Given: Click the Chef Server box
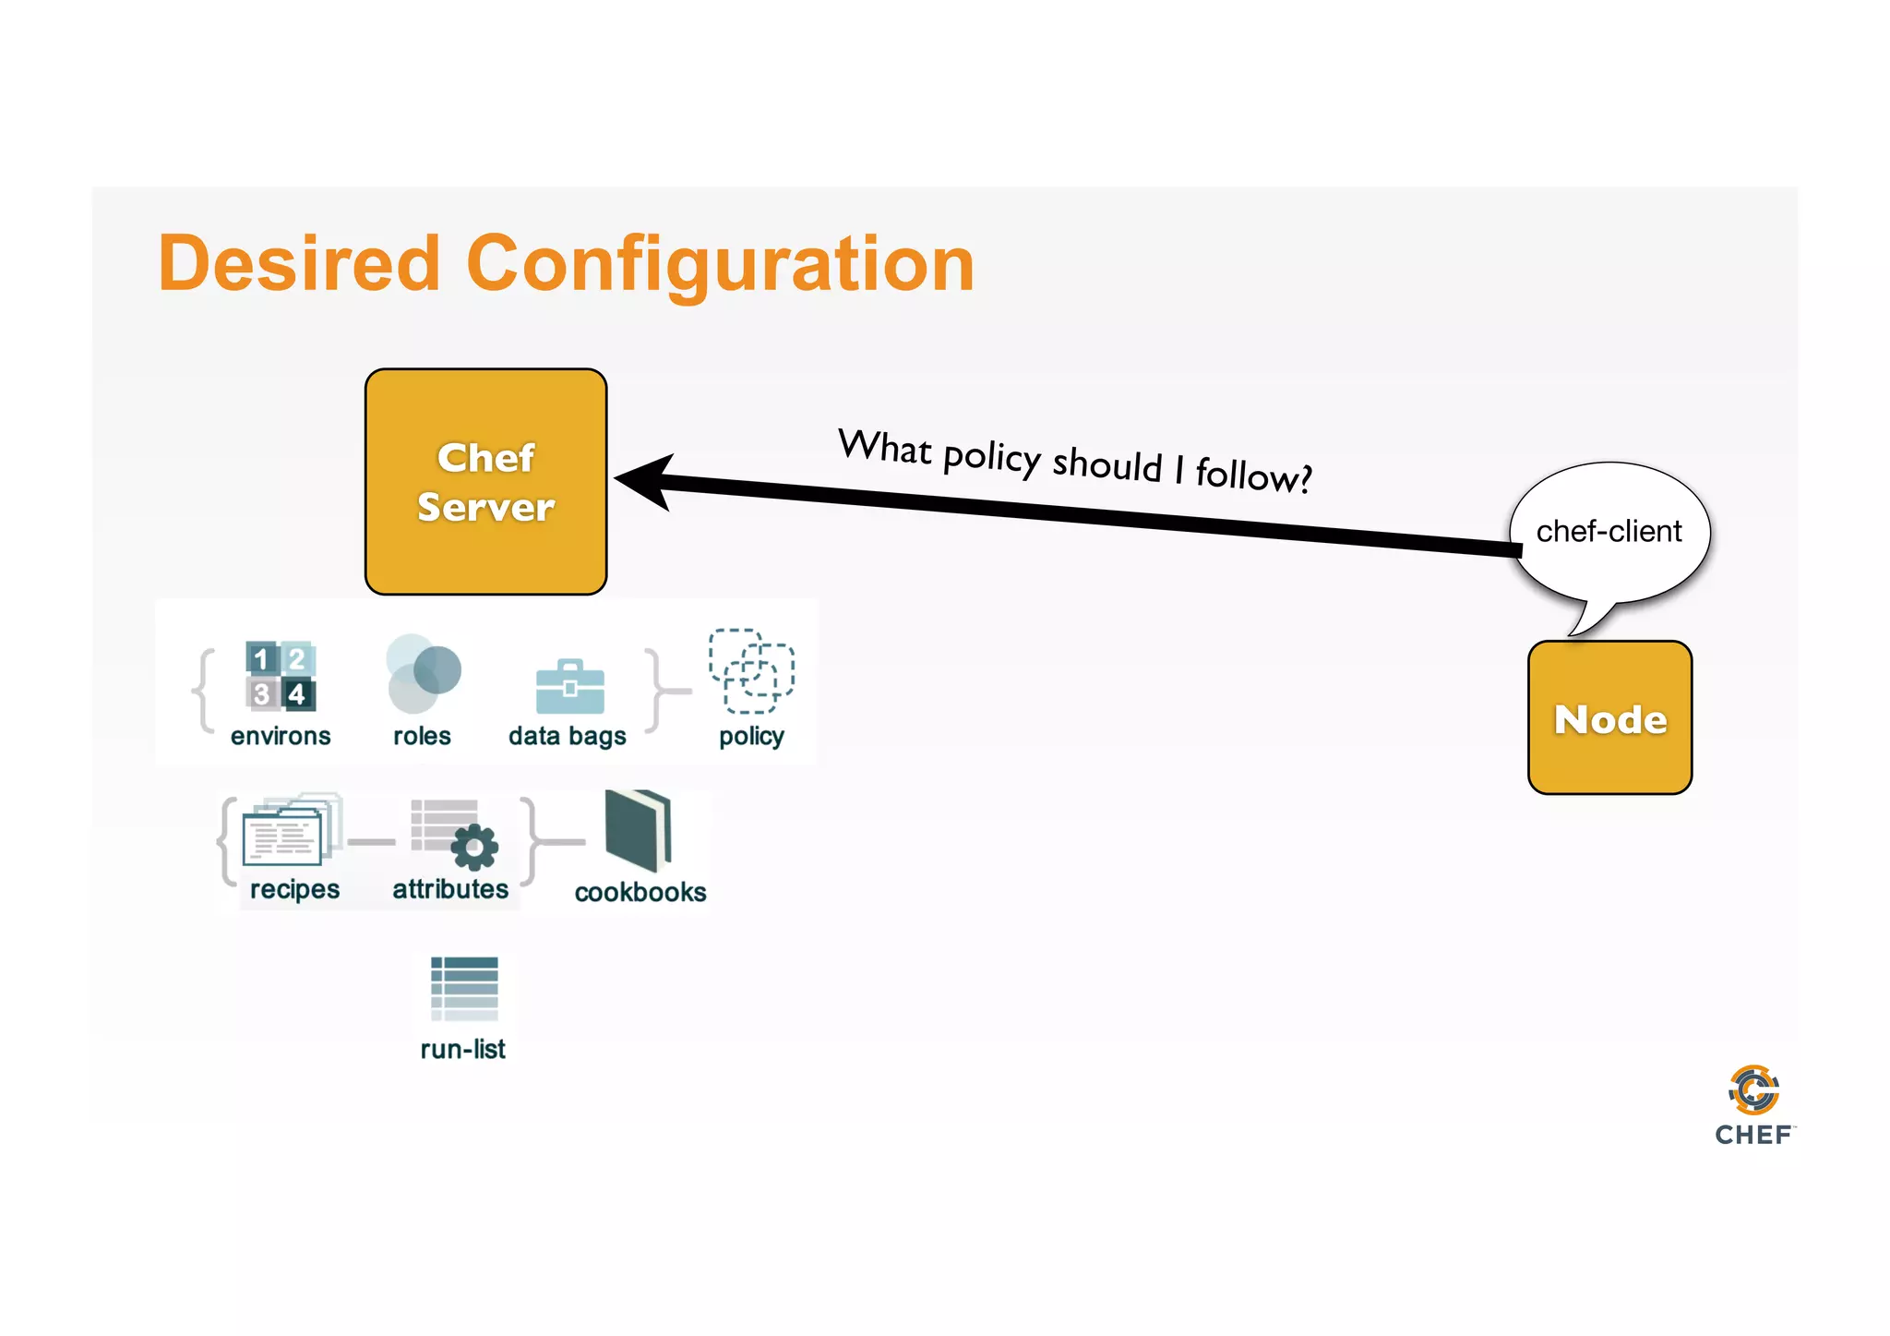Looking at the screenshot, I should pos(485,481).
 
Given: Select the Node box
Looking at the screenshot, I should pos(1609,717).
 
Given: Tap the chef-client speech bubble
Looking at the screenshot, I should pos(1609,532).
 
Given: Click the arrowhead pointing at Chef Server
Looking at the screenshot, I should pos(646,480).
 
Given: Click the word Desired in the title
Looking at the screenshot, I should pos(299,264).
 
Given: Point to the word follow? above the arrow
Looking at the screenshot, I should pos(1253,475).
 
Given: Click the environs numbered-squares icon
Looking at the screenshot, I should pos(281,676).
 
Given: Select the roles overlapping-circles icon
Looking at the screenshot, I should pos(423,674).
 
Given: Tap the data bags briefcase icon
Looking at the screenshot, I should pos(570,687).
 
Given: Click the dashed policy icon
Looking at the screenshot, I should pos(751,671).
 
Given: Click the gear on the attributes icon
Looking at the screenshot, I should pos(475,847).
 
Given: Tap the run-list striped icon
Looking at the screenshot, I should pos(464,988).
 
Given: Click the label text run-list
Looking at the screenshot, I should pos(462,1050).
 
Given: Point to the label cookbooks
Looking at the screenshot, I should pos(640,892).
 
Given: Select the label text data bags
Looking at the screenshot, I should pos(567,736).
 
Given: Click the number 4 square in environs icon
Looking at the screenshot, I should pos(297,693).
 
